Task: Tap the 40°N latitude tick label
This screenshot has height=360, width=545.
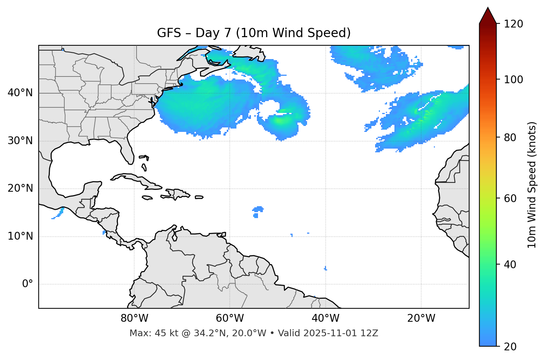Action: coord(20,93)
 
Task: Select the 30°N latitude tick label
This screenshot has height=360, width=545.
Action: coord(20,141)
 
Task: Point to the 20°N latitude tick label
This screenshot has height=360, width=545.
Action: coord(20,188)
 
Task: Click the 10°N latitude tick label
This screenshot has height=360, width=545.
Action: coord(20,236)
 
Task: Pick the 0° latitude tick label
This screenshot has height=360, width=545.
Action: coord(28,284)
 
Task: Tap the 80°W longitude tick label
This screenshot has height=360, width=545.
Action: coord(134,318)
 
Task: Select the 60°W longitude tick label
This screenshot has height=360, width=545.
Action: coord(230,318)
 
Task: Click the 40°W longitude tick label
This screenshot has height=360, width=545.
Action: coord(325,318)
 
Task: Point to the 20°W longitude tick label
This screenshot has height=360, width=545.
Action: coord(421,318)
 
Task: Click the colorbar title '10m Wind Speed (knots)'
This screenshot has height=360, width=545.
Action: coord(532,185)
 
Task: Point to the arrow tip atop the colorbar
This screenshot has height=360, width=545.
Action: coord(488,8)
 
